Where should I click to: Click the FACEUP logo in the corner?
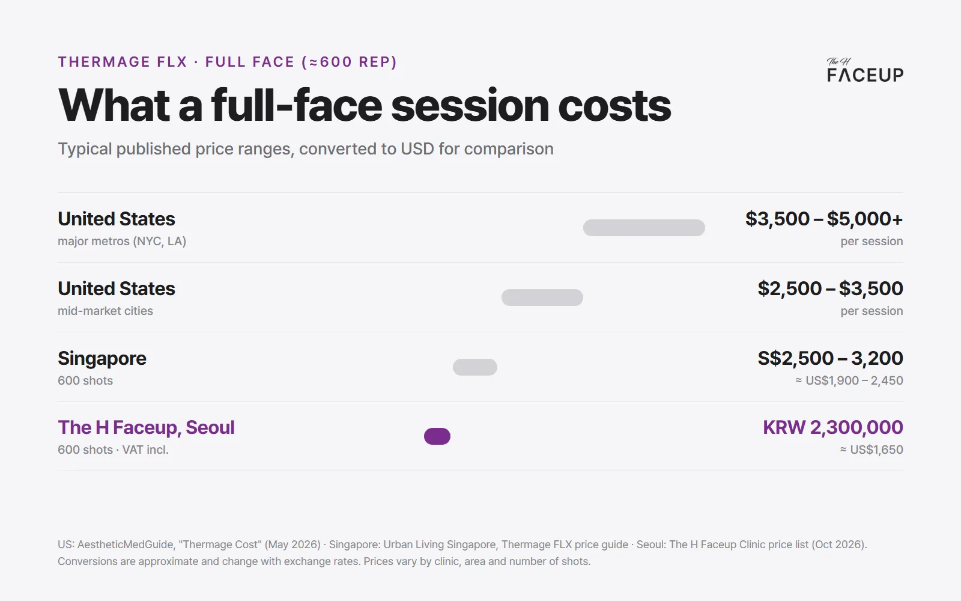point(865,70)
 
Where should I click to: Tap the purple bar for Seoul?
point(437,436)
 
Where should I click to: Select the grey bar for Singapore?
point(475,367)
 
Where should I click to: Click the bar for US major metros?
point(644,228)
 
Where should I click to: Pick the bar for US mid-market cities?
point(542,297)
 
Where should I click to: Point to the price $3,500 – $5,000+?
point(824,219)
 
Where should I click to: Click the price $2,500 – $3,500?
point(831,288)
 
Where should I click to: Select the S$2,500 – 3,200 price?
point(831,358)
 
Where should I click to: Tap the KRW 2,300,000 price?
point(833,427)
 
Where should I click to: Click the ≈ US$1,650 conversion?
point(872,450)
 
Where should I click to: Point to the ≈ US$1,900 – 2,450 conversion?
point(849,380)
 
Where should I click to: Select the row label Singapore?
point(102,358)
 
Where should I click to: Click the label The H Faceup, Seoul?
point(147,427)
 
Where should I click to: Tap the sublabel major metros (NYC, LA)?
point(122,241)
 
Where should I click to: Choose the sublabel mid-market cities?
point(105,311)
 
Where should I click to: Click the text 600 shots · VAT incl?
point(114,450)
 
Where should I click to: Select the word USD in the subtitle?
point(417,149)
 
